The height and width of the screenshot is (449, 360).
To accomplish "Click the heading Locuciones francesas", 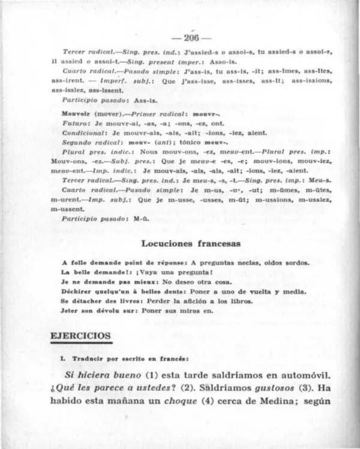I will coord(191,243).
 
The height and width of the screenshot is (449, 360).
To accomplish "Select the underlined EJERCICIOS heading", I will coord(81,336).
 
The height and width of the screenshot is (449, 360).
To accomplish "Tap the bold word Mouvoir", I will coord(77,113).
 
